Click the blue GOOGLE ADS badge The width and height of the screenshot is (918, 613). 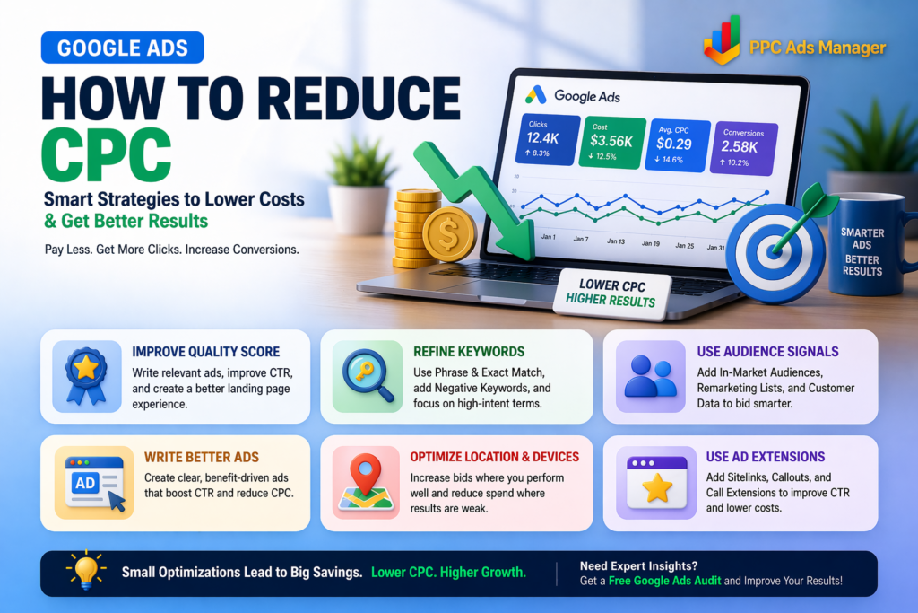[x=122, y=48]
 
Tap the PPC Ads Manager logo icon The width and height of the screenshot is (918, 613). [x=723, y=39]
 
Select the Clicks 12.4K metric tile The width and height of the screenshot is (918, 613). [x=548, y=139]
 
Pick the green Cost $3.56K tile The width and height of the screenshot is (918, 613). [x=611, y=143]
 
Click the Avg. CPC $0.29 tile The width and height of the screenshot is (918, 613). [x=678, y=146]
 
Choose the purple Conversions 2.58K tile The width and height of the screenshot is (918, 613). [x=743, y=149]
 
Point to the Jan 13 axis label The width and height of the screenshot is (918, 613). [x=616, y=241]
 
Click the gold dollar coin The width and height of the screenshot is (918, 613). [x=449, y=234]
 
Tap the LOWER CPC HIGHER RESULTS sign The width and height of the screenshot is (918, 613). [x=611, y=293]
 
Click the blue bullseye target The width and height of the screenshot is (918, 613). [x=775, y=252]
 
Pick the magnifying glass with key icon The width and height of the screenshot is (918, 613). [x=368, y=375]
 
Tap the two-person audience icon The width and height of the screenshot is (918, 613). [x=650, y=377]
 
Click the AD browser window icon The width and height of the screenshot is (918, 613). [x=94, y=482]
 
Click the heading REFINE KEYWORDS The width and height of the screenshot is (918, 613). [x=469, y=352]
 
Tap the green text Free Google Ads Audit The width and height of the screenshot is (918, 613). [x=664, y=581]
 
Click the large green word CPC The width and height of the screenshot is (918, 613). [x=106, y=154]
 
